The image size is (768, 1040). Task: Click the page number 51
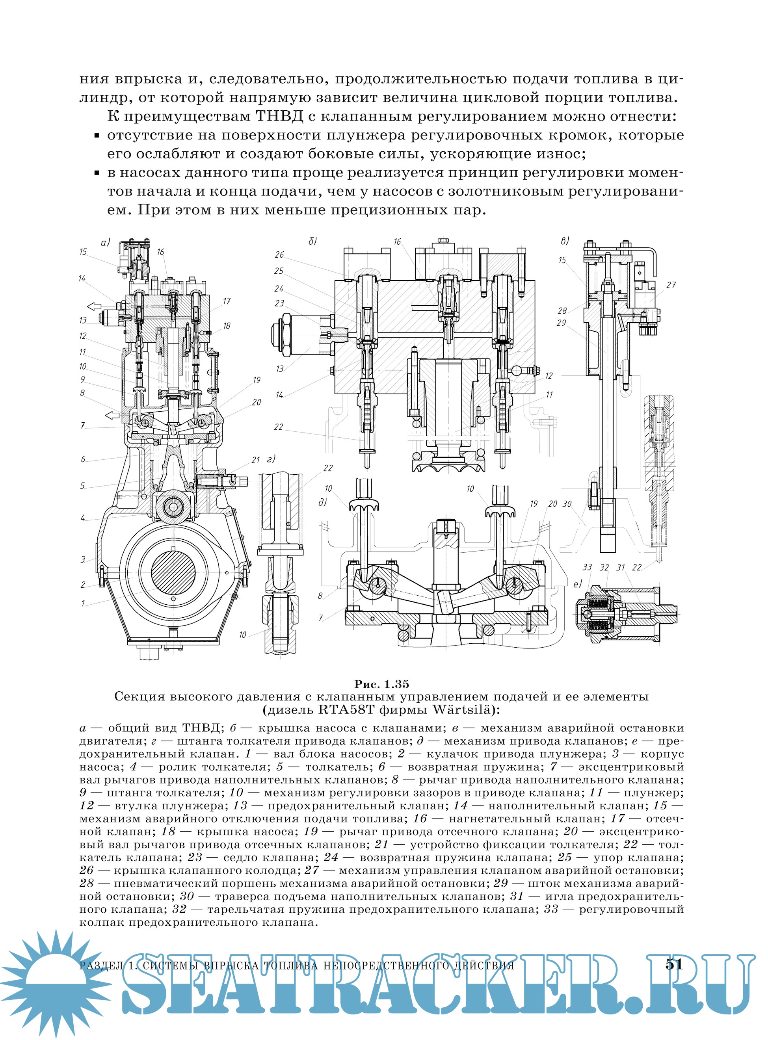click(674, 965)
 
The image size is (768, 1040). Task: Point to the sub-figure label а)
click(105, 242)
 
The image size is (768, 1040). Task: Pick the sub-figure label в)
click(565, 241)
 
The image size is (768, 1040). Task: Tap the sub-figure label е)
click(577, 585)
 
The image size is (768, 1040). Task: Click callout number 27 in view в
click(671, 285)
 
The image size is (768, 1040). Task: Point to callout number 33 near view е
click(587, 567)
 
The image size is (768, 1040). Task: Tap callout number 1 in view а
click(83, 604)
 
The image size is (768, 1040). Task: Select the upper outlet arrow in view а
click(94, 306)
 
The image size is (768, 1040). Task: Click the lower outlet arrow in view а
click(112, 414)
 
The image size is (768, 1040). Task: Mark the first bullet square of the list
click(97, 136)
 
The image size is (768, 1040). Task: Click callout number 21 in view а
click(255, 460)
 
